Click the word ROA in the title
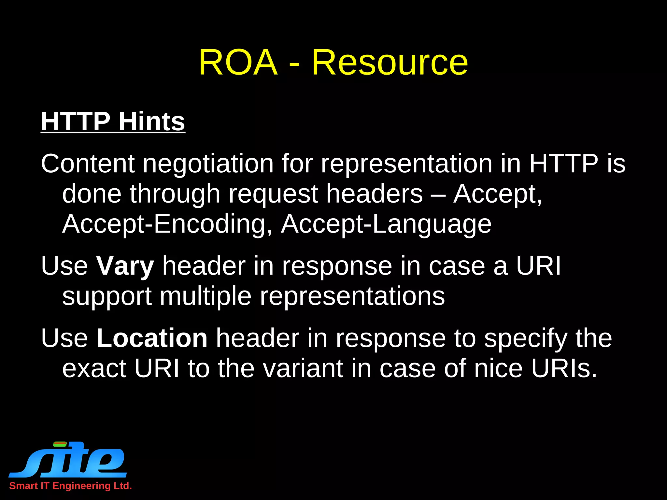(x=238, y=62)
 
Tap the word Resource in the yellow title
(x=390, y=62)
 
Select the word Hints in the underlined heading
(x=152, y=121)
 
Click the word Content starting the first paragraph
(x=88, y=164)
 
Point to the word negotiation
(x=208, y=164)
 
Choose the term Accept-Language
(x=386, y=224)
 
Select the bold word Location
(x=152, y=338)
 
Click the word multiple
(x=206, y=296)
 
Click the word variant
(x=303, y=368)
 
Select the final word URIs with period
(x=564, y=368)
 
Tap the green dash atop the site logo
(x=60, y=443)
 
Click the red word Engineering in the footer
(x=81, y=486)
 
